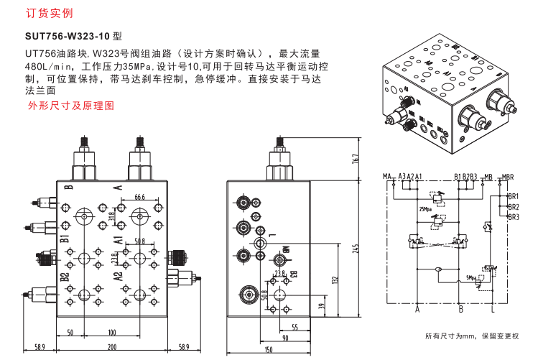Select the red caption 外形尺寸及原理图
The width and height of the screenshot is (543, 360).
coord(70,105)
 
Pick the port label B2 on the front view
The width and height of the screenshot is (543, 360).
coord(65,275)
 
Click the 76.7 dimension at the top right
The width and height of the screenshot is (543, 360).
coord(354,159)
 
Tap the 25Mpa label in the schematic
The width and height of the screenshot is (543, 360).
coord(425,209)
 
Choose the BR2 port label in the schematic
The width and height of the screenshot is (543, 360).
coord(513,206)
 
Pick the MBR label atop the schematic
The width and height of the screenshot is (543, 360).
coord(508,175)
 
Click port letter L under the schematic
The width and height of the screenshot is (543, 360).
coord(493,310)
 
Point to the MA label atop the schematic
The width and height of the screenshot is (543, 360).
coord(386,175)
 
